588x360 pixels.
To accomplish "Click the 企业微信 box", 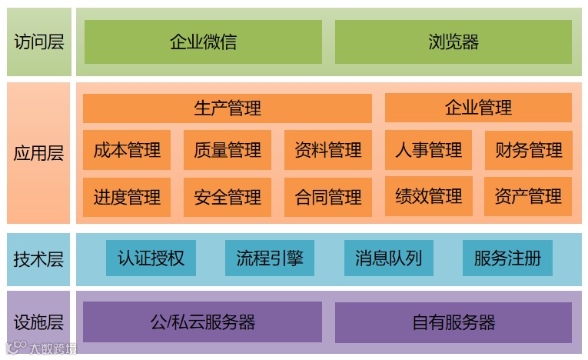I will click(203, 42).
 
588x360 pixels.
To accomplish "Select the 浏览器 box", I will click(453, 42).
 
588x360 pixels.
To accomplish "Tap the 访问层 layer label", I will click(38, 42).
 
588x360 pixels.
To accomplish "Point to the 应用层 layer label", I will click(38, 152).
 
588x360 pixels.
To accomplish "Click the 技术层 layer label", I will click(38, 258).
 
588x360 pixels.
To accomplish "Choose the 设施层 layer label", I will click(38, 322).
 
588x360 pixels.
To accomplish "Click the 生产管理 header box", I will click(227, 108).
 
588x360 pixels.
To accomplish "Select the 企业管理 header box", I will click(478, 108).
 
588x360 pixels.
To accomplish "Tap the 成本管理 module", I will click(127, 150).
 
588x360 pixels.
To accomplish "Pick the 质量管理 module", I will click(228, 150).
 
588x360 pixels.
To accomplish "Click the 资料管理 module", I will click(328, 150).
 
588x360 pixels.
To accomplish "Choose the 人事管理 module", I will click(428, 150).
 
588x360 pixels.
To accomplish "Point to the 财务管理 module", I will click(528, 150).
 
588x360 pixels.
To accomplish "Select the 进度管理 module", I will click(127, 197).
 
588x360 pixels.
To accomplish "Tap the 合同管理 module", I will click(328, 197).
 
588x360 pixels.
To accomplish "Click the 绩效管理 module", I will click(428, 197).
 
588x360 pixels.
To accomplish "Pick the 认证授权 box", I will click(151, 258).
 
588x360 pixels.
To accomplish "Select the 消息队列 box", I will click(388, 258).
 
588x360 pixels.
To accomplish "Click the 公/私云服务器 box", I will click(202, 322).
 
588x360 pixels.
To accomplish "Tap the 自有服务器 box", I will click(453, 322).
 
